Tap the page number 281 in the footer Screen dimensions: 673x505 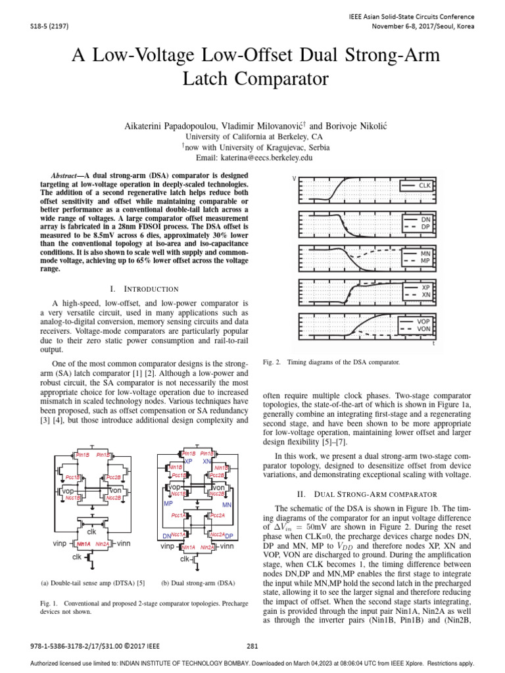[252, 645]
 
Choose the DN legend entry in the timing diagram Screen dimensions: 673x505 [425, 220]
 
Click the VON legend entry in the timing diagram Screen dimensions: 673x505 [424, 328]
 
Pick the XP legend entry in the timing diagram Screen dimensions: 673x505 [425, 288]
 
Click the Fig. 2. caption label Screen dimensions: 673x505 [272, 362]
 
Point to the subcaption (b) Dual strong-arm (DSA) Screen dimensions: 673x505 [197, 582]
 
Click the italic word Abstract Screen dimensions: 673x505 [66, 177]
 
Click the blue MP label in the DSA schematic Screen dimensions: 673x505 [168, 504]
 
